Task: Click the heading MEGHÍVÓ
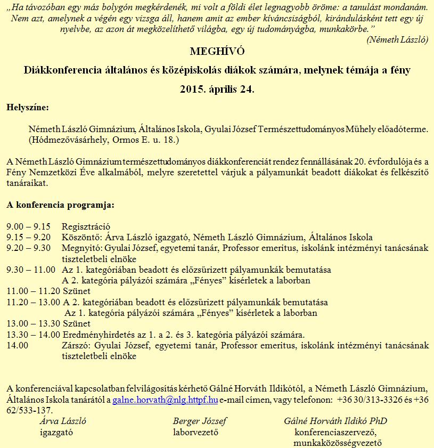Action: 217,52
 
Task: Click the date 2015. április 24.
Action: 217,89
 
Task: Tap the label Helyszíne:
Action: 27,108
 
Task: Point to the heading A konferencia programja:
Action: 60,204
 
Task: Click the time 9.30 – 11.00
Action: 31,270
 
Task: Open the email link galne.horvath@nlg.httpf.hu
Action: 165,400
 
